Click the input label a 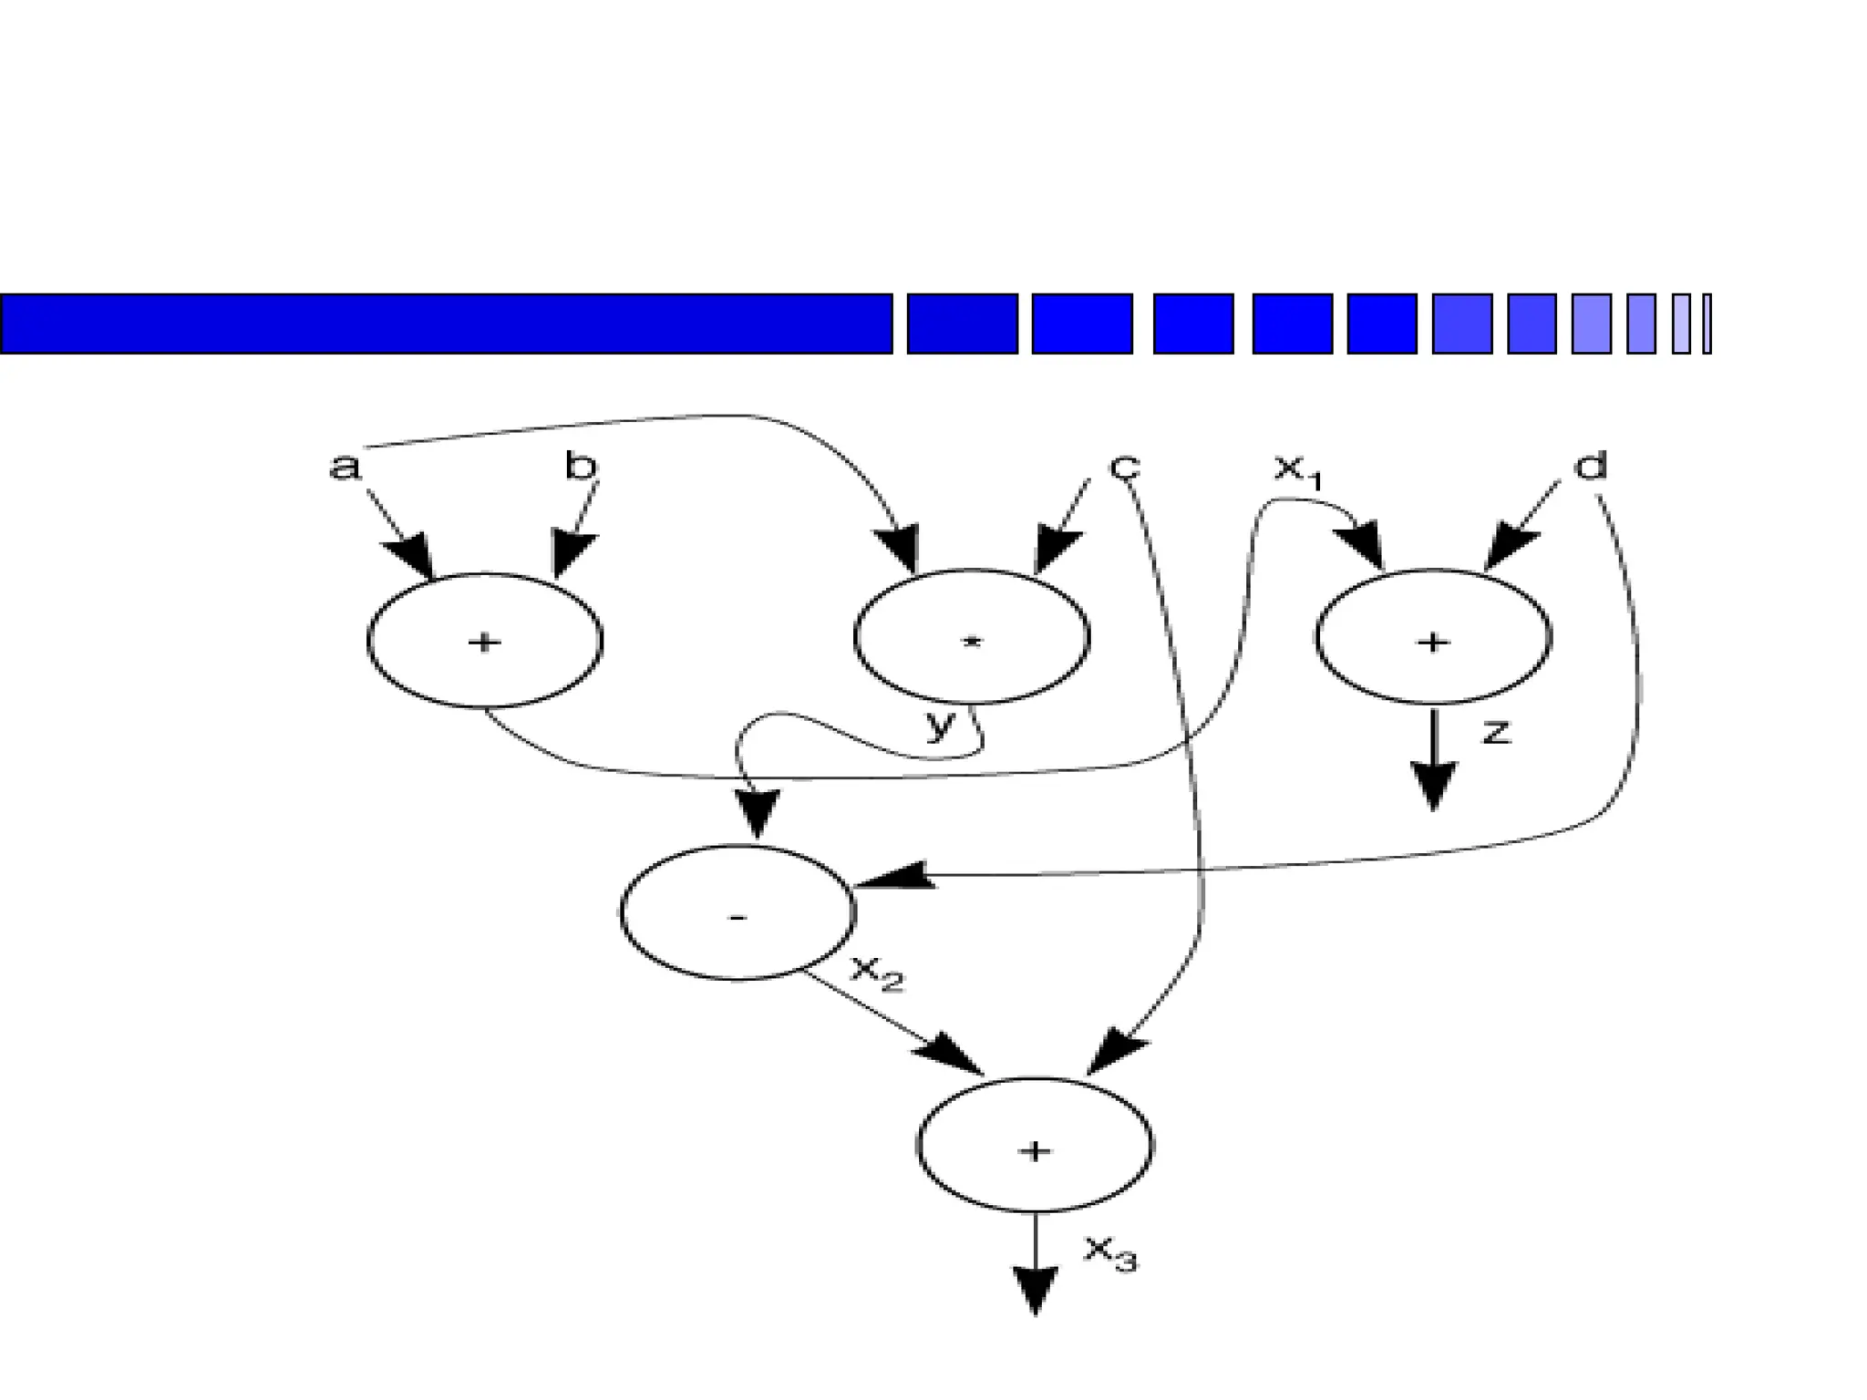345,467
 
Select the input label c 1125,467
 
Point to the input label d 1590,467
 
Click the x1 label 1295,470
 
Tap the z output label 1496,731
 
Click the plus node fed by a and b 484,641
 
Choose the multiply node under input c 972,637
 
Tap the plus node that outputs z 1433,638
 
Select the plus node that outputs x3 1035,1147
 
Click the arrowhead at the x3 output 1036,1289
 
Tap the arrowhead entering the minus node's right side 893,876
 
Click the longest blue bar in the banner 446,324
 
